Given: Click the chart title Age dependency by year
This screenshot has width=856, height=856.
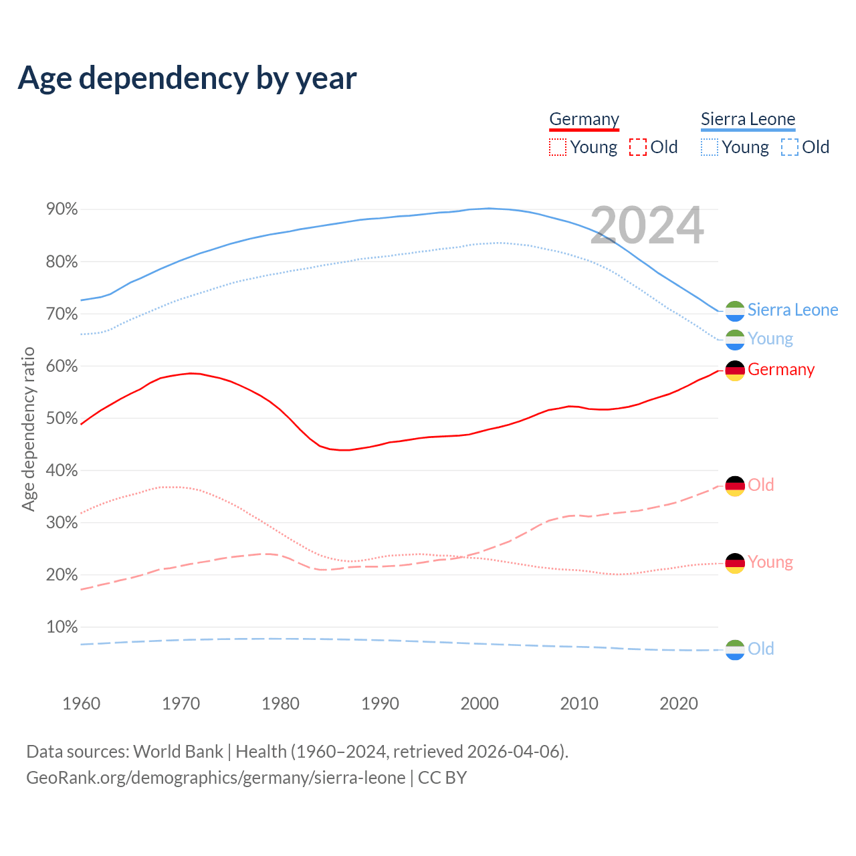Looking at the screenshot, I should coord(187,78).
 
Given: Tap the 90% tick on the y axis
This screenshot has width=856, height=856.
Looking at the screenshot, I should coord(62,209).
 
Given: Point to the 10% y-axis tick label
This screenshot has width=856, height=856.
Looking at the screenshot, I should coord(62,627).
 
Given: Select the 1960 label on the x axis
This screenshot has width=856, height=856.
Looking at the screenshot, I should coord(81,704).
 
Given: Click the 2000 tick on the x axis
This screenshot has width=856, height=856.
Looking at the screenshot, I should coord(479,704).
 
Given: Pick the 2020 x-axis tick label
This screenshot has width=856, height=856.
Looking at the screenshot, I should coord(679,704).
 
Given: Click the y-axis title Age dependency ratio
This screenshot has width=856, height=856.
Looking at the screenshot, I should coord(28,429).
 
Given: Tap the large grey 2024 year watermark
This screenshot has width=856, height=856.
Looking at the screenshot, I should coord(647,225).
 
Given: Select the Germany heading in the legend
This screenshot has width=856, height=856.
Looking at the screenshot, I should coord(584,119).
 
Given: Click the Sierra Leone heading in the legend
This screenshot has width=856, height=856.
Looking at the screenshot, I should coord(748,119).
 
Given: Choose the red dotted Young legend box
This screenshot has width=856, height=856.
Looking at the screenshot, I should coord(557,147).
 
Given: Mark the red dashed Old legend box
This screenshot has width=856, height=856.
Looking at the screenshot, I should coord(638,147).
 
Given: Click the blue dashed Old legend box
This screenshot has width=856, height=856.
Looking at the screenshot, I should coord(790,147).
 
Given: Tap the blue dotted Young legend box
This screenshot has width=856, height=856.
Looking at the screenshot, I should coord(710,147).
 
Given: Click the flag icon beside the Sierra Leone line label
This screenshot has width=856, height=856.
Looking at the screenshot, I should coord(735,311).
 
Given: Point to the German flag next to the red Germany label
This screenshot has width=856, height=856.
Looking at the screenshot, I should coord(735,370).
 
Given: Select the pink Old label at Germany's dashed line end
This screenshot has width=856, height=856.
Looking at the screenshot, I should coord(760,485).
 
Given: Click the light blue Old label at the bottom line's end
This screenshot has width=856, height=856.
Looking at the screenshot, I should coord(760,649).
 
